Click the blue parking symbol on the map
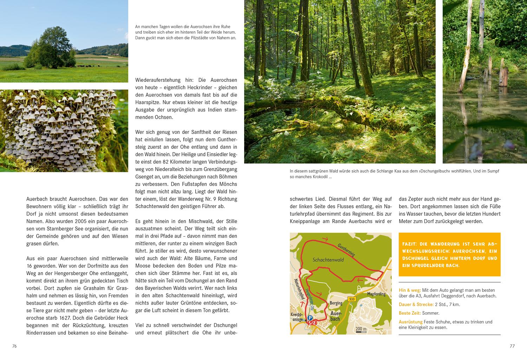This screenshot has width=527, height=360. tap(310, 318)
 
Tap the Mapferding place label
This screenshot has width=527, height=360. tap(376, 294)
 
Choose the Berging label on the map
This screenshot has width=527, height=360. tap(336, 302)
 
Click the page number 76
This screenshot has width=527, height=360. tap(14, 346)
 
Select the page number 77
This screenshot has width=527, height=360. tap(512, 346)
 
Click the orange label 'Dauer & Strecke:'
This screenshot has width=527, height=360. tap(416, 305)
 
